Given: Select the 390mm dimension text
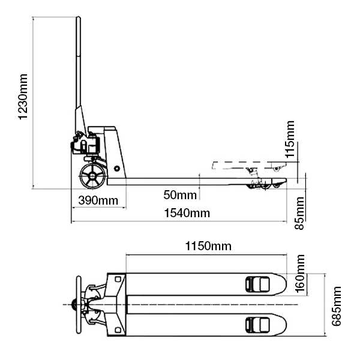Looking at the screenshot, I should pyautogui.click(x=97, y=200).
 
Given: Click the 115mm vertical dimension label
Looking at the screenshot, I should pyautogui.click(x=290, y=139).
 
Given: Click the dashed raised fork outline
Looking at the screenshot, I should pyautogui.click(x=246, y=164).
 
